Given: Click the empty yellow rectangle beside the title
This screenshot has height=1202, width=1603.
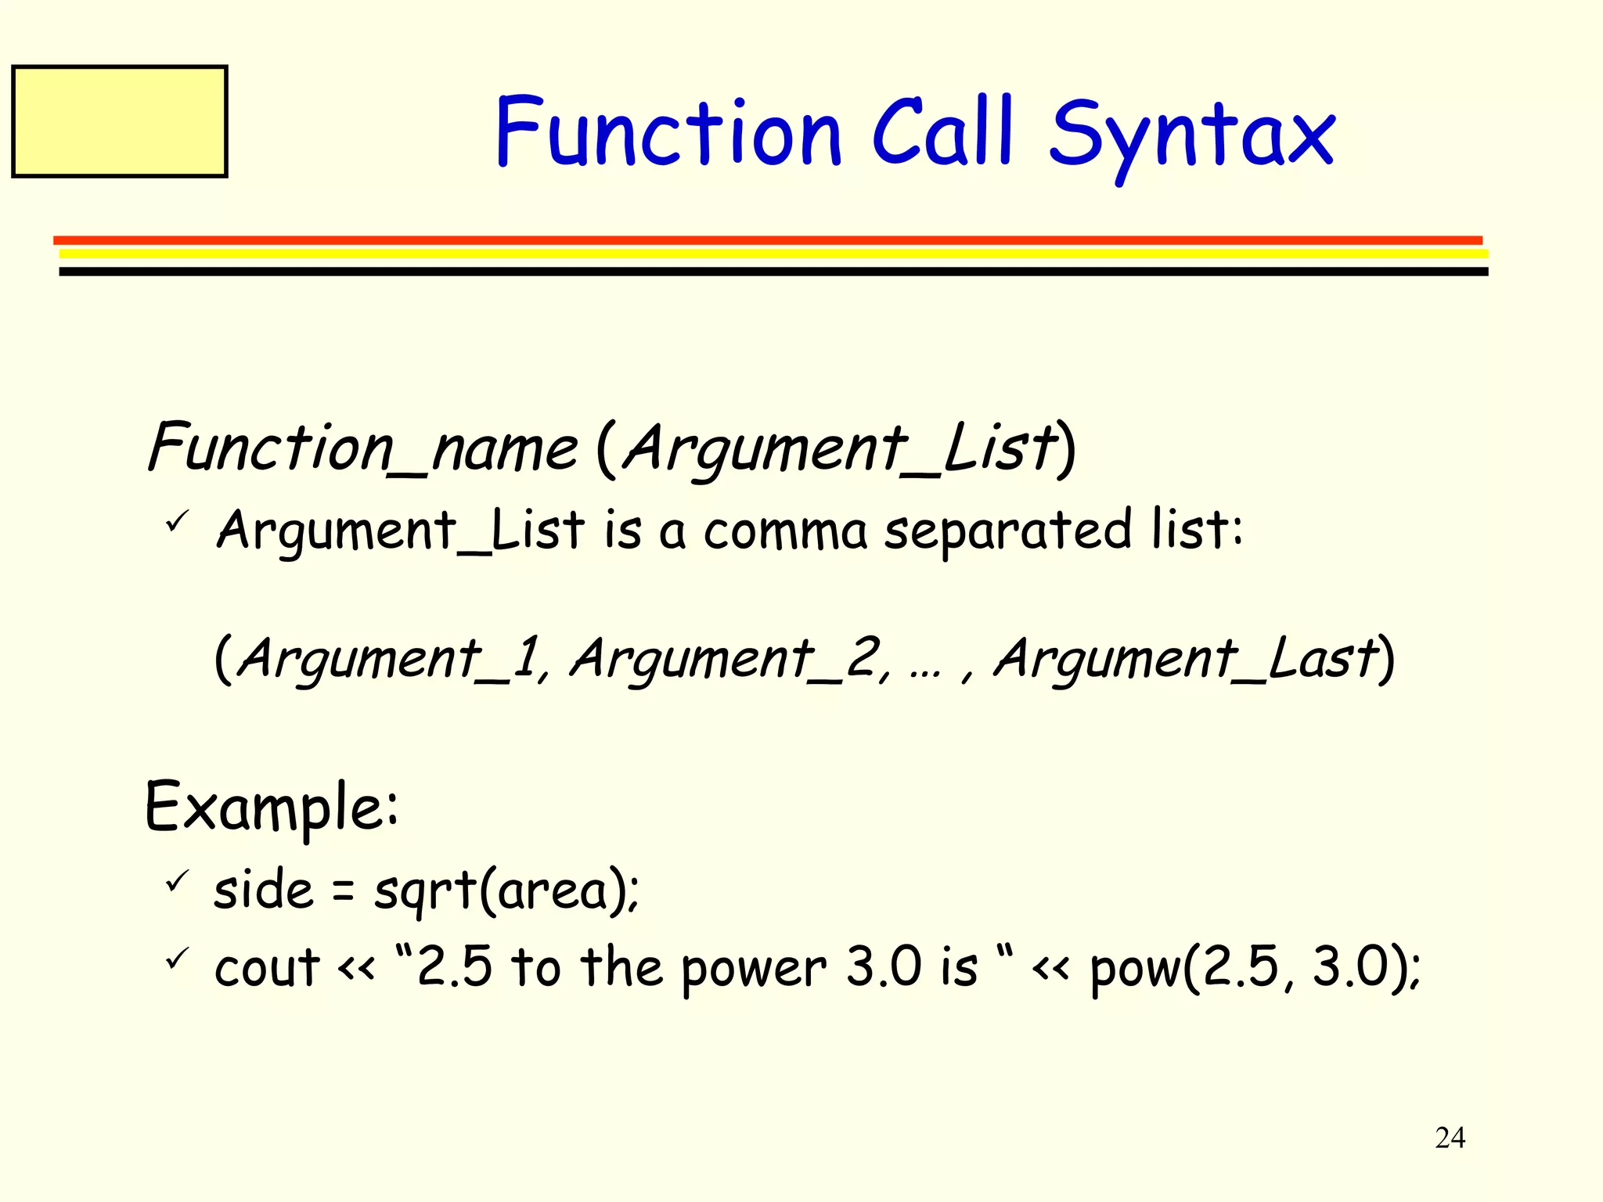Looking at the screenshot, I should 120,121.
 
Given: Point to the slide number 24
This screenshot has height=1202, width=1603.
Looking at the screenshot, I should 1450,1138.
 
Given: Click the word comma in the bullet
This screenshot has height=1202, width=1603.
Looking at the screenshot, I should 785,531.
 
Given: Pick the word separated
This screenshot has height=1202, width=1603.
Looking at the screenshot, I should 1008,531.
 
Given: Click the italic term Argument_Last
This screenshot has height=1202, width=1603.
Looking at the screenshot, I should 1185,659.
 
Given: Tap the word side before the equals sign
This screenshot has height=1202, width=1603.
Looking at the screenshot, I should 263,891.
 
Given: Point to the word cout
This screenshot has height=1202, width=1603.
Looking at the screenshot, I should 267,968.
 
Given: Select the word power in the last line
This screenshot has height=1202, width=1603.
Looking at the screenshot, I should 753,968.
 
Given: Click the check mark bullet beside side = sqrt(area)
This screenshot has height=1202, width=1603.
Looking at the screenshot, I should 177,881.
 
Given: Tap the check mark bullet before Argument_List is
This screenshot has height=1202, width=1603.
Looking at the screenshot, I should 177,520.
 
